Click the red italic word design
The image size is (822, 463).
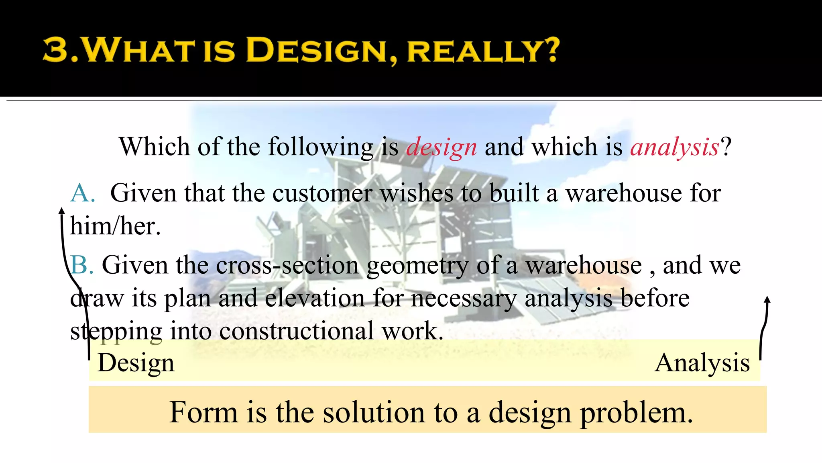pyautogui.click(x=441, y=147)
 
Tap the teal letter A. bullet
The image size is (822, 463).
pyautogui.click(x=83, y=193)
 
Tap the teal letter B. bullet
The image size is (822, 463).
pyautogui.click(x=82, y=266)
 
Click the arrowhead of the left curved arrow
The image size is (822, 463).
pyautogui.click(x=62, y=211)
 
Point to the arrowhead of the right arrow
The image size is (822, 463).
pyautogui.click(x=767, y=300)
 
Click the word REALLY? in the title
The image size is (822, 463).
pyautogui.click(x=483, y=51)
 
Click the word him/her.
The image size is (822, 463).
pyautogui.click(x=115, y=226)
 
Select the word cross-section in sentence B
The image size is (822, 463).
pyautogui.click(x=287, y=266)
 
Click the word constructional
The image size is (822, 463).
pyautogui.click(x=296, y=332)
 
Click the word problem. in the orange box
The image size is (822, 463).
pyautogui.click(x=637, y=413)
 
